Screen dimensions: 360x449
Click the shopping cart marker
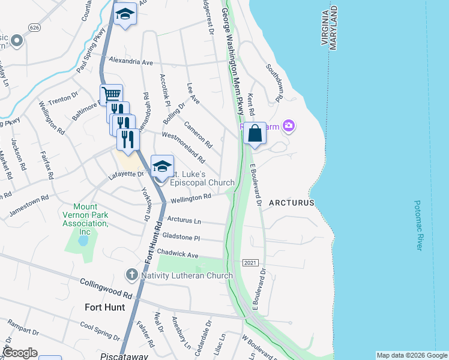(x=111, y=95)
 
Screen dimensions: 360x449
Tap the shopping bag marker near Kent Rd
(x=255, y=134)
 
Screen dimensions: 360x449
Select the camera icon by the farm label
(x=289, y=125)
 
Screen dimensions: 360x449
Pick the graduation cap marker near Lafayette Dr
(x=162, y=166)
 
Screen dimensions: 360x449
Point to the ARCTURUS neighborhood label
(x=292, y=203)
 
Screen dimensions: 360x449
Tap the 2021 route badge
(x=251, y=263)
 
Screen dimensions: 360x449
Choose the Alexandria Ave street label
(x=131, y=61)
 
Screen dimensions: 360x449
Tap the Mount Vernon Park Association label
(x=85, y=219)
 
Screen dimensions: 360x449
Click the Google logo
(x=20, y=353)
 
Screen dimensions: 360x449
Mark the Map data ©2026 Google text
(x=411, y=355)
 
